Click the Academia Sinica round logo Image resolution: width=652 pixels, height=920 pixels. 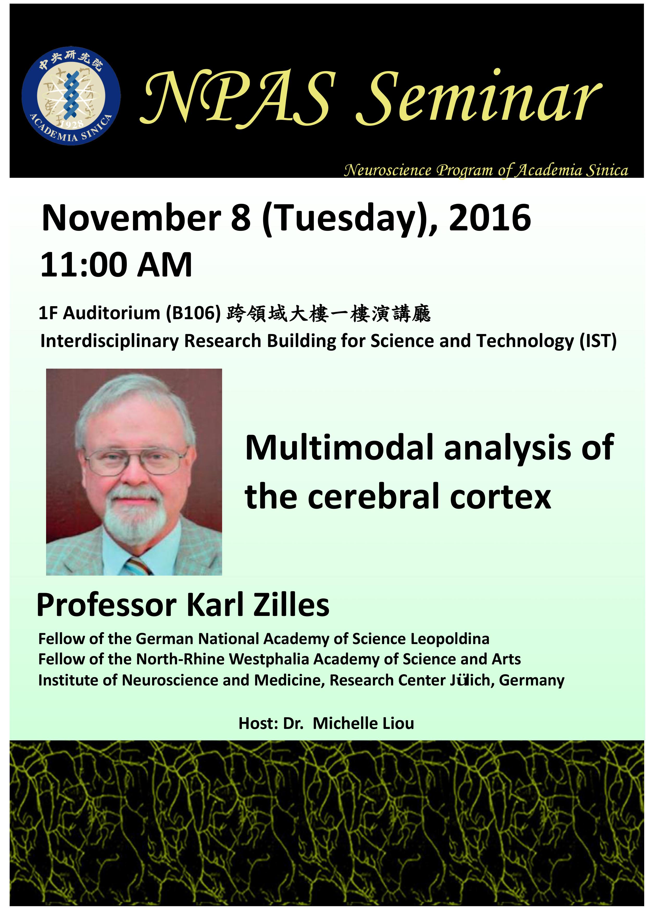click(x=71, y=96)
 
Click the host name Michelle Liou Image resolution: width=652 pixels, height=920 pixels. click(x=363, y=723)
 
